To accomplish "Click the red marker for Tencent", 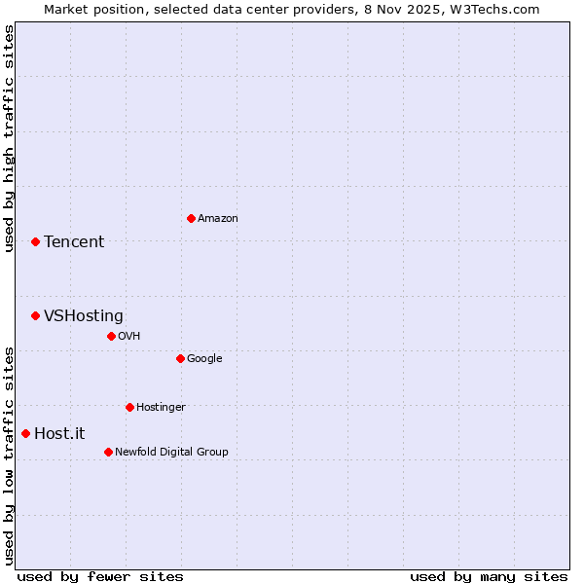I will (35, 241).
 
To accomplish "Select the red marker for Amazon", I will (191, 218).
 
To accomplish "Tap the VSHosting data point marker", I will (35, 315).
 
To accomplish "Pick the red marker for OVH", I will (111, 336).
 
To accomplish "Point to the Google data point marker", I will (180, 358).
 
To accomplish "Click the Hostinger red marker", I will (129, 407).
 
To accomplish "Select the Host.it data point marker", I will (25, 433).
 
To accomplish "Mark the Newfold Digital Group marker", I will (108, 452).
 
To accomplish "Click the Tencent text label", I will (74, 242).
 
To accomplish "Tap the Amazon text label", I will (218, 219).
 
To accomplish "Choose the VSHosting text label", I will (84, 316).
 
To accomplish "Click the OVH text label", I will (129, 337).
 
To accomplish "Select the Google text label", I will (204, 359).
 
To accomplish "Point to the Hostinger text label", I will (161, 408).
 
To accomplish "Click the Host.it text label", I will (59, 434).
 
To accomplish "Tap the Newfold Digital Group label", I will (171, 453).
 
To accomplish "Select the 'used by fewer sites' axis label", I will (100, 576).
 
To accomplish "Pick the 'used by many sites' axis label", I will (489, 576).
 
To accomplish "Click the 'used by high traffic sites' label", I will (9, 138).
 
